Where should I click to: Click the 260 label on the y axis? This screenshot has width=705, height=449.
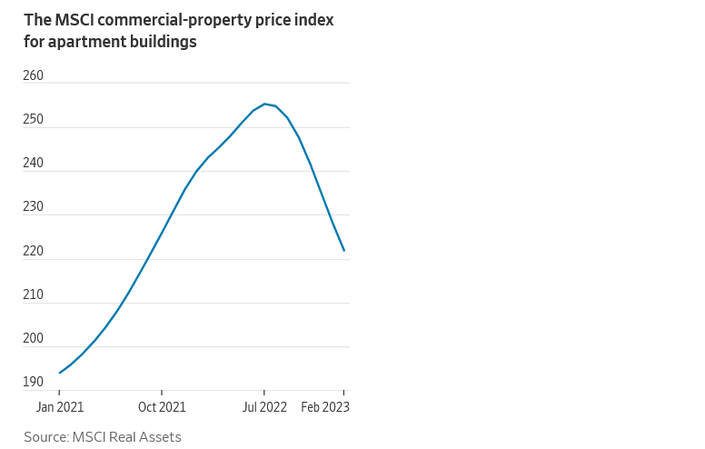pos(34,75)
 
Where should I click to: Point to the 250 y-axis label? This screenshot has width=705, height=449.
pos(34,119)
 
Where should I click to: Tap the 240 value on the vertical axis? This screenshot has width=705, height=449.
pos(34,164)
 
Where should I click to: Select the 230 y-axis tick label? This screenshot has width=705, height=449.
pos(34,207)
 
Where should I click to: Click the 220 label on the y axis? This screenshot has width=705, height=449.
pos(34,251)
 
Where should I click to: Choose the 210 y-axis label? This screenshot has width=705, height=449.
pos(34,295)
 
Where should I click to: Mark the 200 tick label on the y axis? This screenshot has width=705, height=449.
pos(34,339)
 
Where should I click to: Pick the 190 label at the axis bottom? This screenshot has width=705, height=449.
pos(34,382)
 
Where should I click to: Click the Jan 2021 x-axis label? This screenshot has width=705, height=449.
pos(59,407)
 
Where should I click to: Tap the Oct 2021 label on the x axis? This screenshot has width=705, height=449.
pos(162,407)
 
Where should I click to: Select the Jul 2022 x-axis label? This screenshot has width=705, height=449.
pos(264,407)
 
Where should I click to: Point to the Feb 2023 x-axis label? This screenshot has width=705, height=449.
pos(325,407)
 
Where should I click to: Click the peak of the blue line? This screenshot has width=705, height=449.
pos(264,104)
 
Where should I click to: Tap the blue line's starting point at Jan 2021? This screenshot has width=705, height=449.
pos(60,373)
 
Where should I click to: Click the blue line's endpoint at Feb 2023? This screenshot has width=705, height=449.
pos(343,250)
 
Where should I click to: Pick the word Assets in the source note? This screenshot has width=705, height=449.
pos(160,437)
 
